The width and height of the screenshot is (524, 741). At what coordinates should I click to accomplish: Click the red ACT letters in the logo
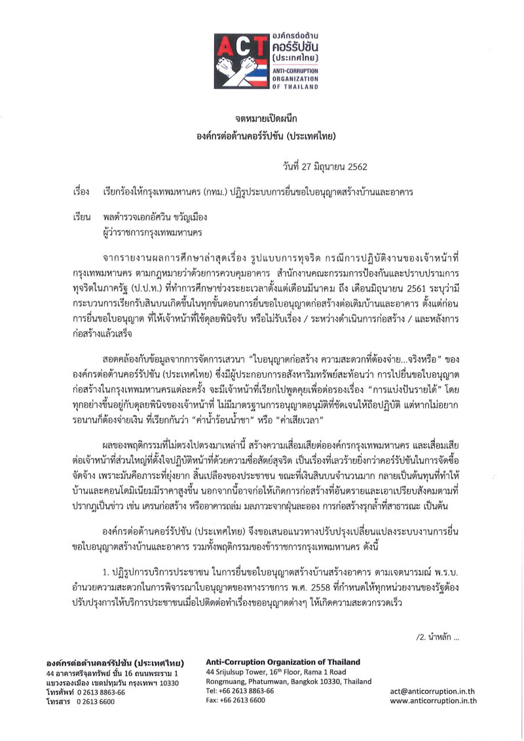tap(240, 45)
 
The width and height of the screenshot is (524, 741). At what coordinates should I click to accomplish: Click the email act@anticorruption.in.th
tap(433, 691)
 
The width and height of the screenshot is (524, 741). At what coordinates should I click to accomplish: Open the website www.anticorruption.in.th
tap(433, 700)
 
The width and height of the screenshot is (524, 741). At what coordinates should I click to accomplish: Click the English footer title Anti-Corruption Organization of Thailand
tap(283, 662)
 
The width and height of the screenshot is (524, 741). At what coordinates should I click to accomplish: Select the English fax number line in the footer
tap(235, 700)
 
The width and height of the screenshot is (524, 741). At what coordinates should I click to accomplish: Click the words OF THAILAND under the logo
tap(294, 86)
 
